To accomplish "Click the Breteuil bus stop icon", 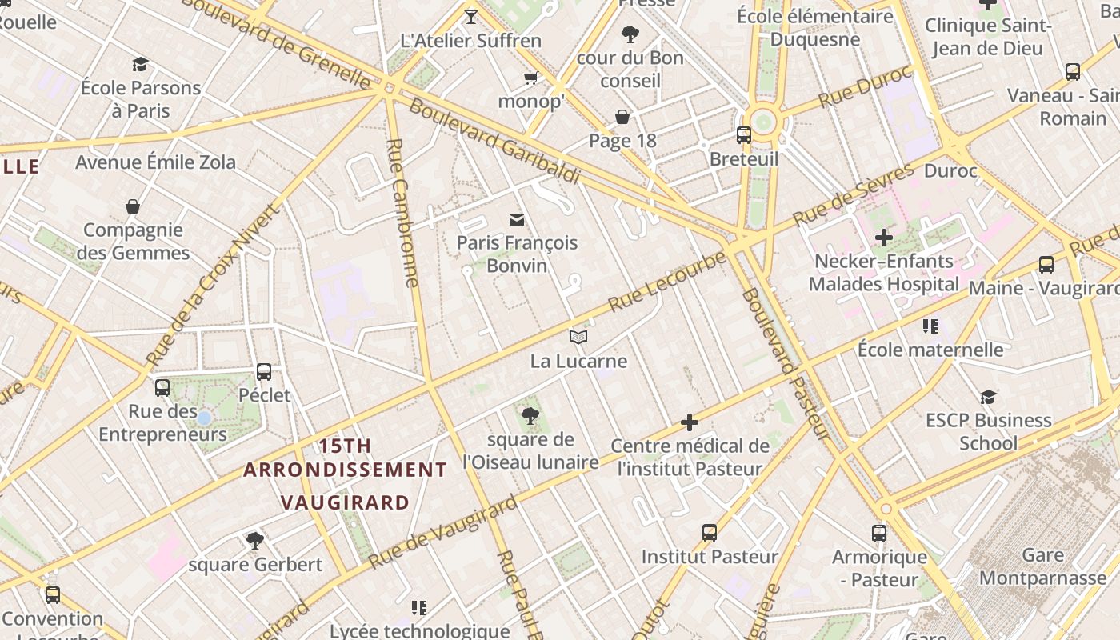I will (744, 135).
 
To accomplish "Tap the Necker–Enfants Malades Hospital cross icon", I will (883, 238).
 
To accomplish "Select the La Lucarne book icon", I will (578, 338).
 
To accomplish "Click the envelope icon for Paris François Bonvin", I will (517, 219).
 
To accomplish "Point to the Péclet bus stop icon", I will (264, 372).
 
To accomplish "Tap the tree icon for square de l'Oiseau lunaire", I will (530, 416).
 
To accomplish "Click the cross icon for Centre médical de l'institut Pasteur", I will (690, 422).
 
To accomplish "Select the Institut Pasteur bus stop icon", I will (709, 533).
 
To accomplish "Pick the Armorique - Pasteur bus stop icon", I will (879, 534).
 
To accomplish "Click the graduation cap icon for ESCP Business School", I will (989, 397).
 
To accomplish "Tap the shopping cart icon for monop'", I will (530, 78).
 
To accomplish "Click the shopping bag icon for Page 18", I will (622, 118).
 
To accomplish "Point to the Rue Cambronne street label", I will (402, 213).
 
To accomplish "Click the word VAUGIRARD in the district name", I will (345, 502).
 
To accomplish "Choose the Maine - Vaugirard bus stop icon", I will (1046, 265).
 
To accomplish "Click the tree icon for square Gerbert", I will (255, 541).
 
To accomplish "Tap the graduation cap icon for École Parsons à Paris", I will (141, 65).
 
